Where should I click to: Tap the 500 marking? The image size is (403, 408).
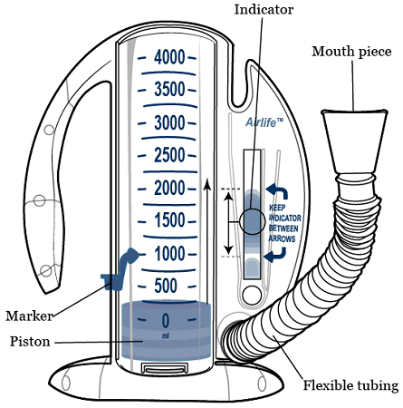click(166, 287)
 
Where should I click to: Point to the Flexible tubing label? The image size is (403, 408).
click(350, 386)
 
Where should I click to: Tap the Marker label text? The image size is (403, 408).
click(28, 316)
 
